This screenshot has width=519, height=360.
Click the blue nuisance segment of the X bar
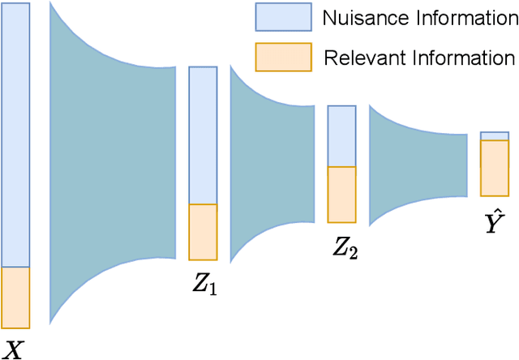(15, 135)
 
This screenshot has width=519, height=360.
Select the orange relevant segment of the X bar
(15, 297)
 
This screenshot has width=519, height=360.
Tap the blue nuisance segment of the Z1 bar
(203, 135)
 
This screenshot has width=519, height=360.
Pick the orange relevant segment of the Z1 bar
(203, 232)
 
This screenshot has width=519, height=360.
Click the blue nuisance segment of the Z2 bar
(341, 136)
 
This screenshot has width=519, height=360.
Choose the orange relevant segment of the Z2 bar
(341, 195)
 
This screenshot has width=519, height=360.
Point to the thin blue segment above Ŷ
(494, 135)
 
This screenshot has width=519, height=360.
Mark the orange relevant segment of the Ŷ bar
(494, 168)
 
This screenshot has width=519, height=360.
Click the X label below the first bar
(14, 349)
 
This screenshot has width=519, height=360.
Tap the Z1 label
(204, 285)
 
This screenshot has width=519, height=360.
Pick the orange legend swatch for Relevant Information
(283, 57)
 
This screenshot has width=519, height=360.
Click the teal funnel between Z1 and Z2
(272, 162)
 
